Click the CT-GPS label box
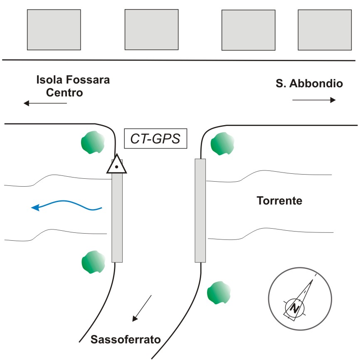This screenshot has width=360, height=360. pyautogui.click(x=155, y=138)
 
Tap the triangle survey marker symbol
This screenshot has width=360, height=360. pyautogui.click(x=117, y=164)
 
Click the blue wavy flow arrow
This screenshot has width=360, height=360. pyautogui.click(x=67, y=205)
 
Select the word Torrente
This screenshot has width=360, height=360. pyautogui.click(x=279, y=201)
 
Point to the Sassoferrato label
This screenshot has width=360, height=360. pyautogui.click(x=126, y=339)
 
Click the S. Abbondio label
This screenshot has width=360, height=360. pyautogui.click(x=309, y=83)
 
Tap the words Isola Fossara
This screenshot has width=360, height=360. pyautogui.click(x=73, y=80)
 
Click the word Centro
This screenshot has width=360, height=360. pyautogui.click(x=64, y=93)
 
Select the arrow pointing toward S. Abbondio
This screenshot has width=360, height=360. pyautogui.click(x=314, y=100)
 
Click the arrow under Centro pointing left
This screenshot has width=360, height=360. pyautogui.click(x=45, y=103)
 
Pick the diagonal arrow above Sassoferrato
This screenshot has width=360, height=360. pyautogui.click(x=142, y=308)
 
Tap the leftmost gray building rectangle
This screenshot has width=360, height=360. pyautogui.click(x=54, y=30)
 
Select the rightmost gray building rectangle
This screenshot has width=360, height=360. pyautogui.click(x=325, y=30)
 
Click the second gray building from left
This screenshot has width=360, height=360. pyautogui.click(x=152, y=30)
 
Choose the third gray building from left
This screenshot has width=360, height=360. pyautogui.click(x=249, y=30)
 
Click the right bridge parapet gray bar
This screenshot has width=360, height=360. pyautogui.click(x=200, y=210)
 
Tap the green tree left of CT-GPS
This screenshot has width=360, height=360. pyautogui.click(x=93, y=142)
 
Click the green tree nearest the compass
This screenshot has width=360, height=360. pyautogui.click(x=219, y=293)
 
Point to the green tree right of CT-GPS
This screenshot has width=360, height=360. pyautogui.click(x=222, y=144)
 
